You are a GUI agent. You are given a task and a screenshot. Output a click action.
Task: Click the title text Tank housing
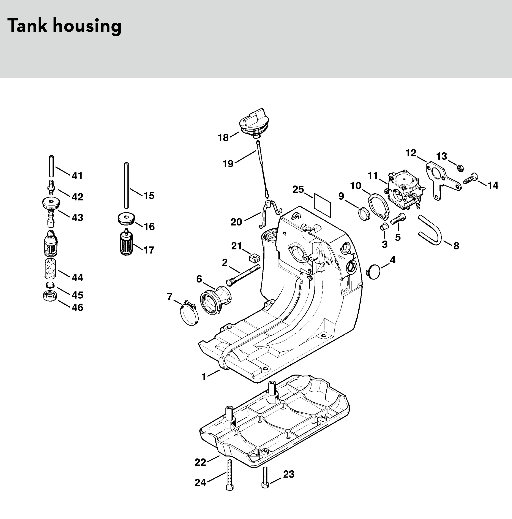tap(65, 26)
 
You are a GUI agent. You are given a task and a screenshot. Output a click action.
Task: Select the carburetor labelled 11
tap(404, 191)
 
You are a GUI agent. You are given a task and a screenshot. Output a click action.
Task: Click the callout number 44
tap(77, 277)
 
